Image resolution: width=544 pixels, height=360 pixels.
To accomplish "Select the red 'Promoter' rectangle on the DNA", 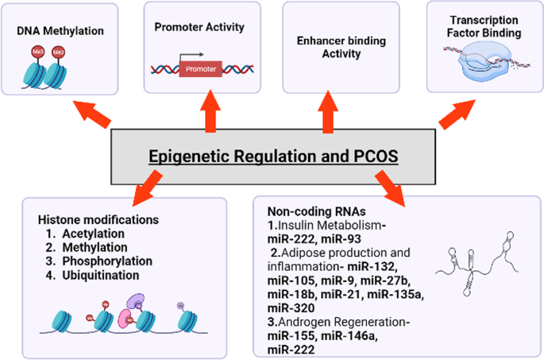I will (202, 69).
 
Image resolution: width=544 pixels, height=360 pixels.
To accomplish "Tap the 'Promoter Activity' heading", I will (199, 27).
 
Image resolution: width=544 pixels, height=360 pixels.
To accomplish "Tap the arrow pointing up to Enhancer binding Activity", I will (326, 114).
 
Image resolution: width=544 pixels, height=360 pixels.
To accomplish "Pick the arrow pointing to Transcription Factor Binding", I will (454, 113).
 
